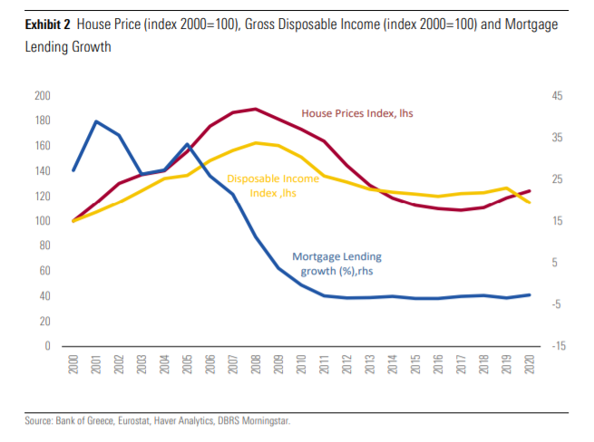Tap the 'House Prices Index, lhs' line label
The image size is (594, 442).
356,113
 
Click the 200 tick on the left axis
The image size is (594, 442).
42,96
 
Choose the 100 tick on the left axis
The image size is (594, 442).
42,221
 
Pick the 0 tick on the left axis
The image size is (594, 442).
47,347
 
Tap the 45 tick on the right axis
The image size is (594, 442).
557,96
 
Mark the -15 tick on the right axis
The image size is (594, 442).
557,347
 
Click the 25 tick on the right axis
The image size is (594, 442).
557,179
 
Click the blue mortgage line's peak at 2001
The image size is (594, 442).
96,121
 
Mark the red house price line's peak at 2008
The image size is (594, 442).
257,109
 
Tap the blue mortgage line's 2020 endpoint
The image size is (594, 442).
530,294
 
